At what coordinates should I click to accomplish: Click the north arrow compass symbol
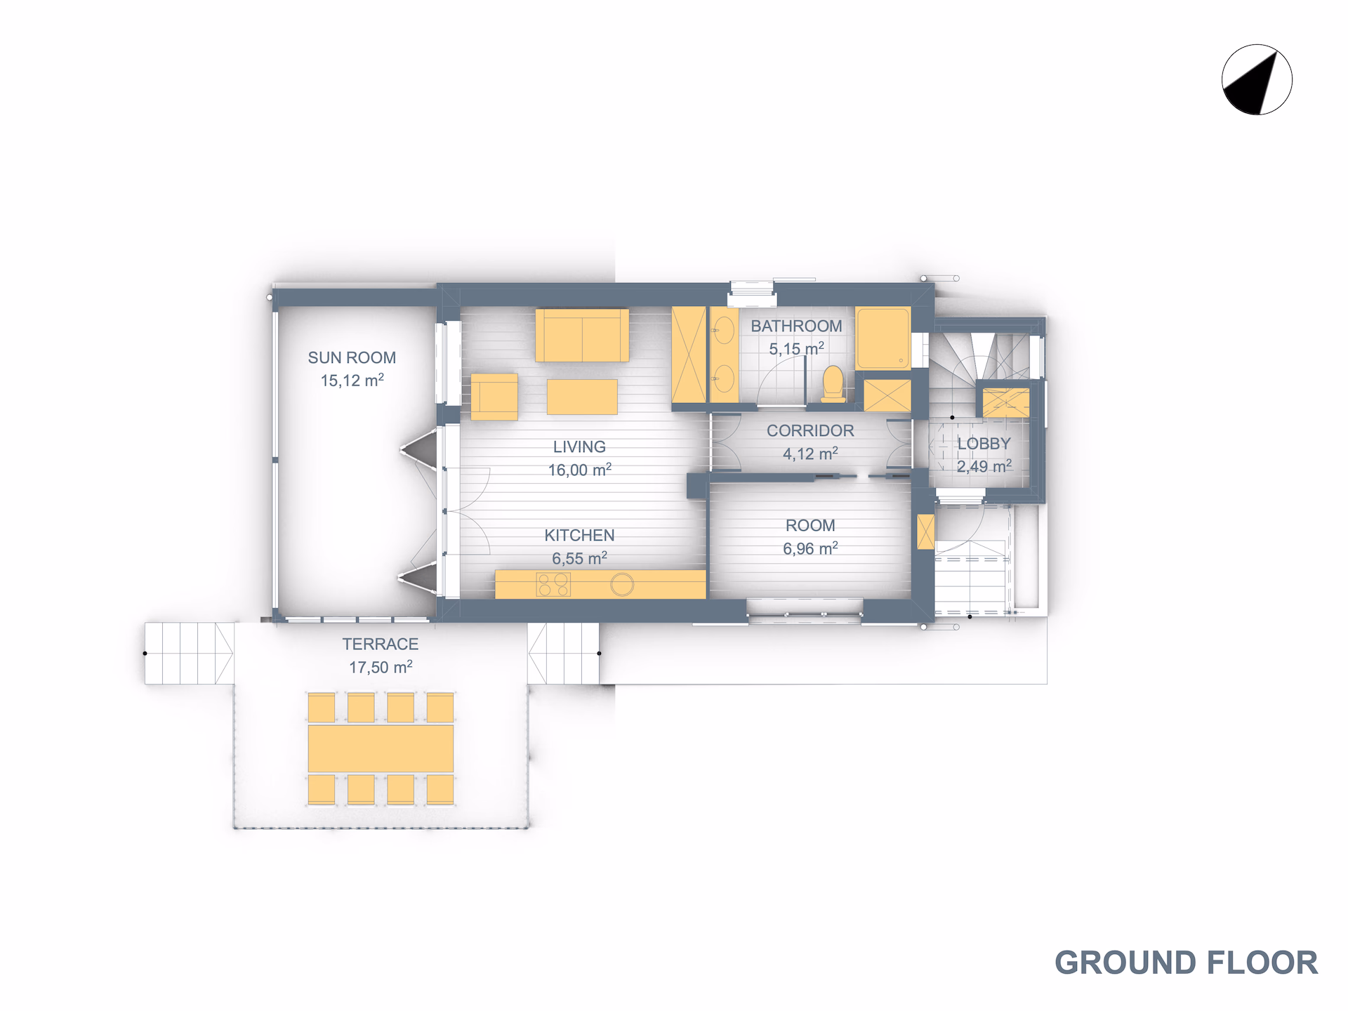1257,79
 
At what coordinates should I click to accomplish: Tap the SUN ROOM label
352,357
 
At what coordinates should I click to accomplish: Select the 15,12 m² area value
352,380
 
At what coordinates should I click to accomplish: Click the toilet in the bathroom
833,383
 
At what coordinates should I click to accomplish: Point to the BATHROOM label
796,326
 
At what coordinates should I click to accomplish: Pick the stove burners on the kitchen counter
553,584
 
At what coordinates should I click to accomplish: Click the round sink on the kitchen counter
622,584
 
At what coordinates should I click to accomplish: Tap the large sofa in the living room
582,336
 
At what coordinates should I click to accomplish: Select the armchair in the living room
494,397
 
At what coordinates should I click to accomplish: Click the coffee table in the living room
582,397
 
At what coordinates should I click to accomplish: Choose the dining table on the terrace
381,748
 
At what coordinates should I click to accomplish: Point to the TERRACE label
380,644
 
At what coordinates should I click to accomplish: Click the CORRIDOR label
810,430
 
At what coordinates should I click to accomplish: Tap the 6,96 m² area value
810,548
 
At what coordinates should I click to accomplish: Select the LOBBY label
984,444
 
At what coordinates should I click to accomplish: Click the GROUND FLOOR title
1187,963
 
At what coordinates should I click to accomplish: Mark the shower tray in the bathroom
883,338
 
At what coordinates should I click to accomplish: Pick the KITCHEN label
579,535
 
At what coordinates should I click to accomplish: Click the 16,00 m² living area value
579,470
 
